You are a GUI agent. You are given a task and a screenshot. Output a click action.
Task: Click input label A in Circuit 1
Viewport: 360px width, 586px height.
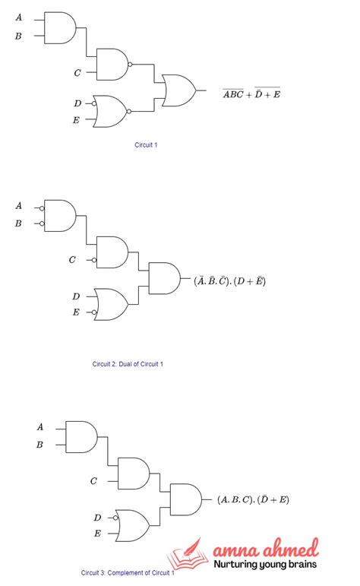point(18,17)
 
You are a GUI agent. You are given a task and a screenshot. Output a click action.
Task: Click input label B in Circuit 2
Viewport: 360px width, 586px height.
point(18,223)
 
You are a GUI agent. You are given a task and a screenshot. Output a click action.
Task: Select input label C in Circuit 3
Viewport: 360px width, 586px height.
point(93,481)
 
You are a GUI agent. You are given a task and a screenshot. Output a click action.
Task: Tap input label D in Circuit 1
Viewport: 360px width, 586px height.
point(77,103)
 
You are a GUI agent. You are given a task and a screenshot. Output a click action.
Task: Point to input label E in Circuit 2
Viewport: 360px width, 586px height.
point(76,312)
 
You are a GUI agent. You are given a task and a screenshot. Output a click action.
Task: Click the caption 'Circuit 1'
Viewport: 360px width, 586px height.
point(146,144)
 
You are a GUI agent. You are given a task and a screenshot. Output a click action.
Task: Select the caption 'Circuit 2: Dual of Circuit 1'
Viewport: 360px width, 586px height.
point(128,364)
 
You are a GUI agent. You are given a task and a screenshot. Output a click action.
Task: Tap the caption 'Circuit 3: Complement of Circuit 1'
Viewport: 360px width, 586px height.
point(128,572)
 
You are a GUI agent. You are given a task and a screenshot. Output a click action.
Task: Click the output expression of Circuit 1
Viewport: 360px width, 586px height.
point(251,94)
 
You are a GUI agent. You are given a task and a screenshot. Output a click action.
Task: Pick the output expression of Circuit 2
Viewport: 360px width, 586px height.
point(229,280)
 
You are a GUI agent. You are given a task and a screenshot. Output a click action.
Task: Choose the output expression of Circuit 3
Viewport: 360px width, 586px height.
point(253,499)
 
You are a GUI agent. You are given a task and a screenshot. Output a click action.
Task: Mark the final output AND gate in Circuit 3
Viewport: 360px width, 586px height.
point(185,499)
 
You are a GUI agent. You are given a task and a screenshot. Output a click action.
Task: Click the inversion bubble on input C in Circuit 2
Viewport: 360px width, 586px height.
point(94,260)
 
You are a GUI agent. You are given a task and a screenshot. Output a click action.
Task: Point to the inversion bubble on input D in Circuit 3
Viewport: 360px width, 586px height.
point(113,518)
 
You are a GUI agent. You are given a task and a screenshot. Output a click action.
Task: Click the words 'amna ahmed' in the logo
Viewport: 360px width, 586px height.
point(265,549)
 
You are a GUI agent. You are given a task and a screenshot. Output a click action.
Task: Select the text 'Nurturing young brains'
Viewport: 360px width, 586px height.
point(265,565)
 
